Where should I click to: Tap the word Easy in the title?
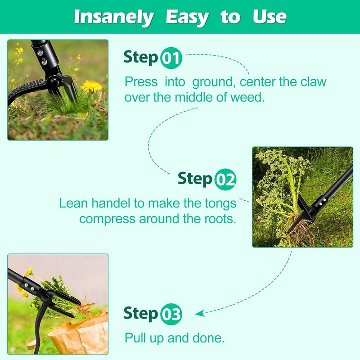click(187, 17)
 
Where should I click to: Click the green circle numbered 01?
click(171, 58)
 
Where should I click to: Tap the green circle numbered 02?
click(225, 180)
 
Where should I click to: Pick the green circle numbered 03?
click(171, 315)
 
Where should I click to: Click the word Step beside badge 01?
click(141, 58)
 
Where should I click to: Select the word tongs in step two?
click(220, 203)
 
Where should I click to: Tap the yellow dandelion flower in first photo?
click(91, 85)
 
